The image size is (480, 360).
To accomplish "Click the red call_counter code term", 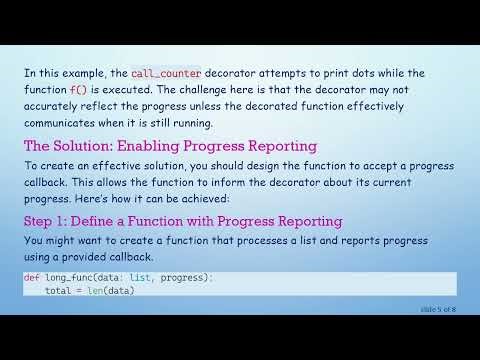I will [165, 73].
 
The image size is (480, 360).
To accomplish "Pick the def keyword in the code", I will [31, 277].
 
